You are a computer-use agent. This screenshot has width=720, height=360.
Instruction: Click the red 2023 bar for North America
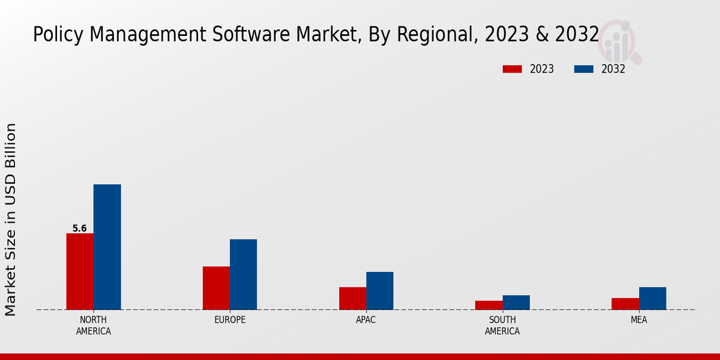80,271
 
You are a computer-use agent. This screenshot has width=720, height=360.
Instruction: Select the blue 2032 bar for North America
107,247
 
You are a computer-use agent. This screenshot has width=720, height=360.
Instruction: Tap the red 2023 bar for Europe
216,288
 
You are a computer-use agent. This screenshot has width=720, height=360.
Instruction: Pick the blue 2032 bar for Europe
243,274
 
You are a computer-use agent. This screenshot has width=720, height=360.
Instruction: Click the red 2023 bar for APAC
352,298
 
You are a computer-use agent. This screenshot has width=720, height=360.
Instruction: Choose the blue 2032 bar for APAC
380,290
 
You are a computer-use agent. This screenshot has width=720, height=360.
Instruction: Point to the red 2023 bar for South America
488,305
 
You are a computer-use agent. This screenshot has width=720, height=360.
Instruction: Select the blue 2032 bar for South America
516,302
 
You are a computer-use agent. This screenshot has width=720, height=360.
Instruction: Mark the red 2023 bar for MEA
625,304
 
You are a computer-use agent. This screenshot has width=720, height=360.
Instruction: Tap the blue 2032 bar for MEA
652,298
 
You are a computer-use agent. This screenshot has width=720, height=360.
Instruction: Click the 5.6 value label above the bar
80,229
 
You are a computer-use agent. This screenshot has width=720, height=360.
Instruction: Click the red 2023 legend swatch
512,69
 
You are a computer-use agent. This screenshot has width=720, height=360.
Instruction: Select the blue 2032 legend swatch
583,69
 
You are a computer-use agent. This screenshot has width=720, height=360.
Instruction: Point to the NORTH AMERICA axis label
94,325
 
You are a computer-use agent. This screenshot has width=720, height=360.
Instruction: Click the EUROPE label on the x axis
230,320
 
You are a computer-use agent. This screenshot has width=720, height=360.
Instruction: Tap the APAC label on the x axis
366,320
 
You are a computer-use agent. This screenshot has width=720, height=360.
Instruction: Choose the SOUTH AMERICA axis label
502,325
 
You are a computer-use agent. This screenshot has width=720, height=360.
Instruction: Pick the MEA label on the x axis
638,320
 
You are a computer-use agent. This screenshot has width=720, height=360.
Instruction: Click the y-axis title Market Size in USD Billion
11,219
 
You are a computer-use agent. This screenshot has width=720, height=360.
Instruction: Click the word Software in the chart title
253,35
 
